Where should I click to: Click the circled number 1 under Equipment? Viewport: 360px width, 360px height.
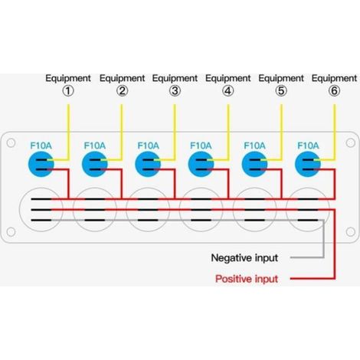tap(68, 91)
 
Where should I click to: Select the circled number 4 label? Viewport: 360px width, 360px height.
tap(227, 91)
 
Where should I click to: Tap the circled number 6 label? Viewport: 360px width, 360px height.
tap(334, 91)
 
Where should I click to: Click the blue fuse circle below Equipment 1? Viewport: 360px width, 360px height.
tap(41, 164)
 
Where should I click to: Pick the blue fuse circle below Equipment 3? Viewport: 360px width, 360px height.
tap(148, 164)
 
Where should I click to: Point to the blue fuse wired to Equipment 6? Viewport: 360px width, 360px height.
tap(308, 164)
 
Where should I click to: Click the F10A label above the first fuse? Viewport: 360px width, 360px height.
tap(41, 146)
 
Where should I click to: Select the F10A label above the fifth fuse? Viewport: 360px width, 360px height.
tap(254, 146)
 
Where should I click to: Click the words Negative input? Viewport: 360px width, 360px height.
tap(244, 258)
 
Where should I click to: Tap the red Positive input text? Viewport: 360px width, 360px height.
tap(247, 279)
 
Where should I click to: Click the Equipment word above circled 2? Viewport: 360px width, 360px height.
tap(122, 78)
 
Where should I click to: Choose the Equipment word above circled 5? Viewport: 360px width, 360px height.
tap(281, 78)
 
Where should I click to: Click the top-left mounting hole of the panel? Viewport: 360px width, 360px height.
tap(11, 143)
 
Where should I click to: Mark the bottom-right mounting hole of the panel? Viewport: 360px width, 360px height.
tap(351, 232)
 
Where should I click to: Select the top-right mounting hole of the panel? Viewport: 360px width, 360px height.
tap(351, 143)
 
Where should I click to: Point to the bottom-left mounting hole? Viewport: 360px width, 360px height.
tap(11, 232)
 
